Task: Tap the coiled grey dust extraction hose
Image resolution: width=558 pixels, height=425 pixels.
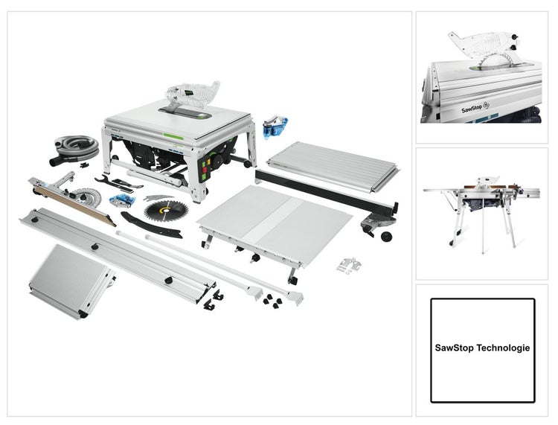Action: click(x=76, y=146)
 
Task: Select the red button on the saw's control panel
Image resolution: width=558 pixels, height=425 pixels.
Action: click(x=205, y=169)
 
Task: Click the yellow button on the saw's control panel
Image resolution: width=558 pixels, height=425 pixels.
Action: click(x=208, y=162)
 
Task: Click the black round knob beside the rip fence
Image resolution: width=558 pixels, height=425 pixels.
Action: click(x=385, y=237)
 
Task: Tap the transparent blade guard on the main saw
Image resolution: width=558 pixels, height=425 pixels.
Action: click(x=192, y=95)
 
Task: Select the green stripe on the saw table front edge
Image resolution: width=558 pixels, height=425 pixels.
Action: click(x=173, y=136)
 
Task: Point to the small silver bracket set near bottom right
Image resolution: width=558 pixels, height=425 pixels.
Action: click(x=349, y=265)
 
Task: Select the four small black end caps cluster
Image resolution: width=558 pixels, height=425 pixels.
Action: click(x=271, y=301)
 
